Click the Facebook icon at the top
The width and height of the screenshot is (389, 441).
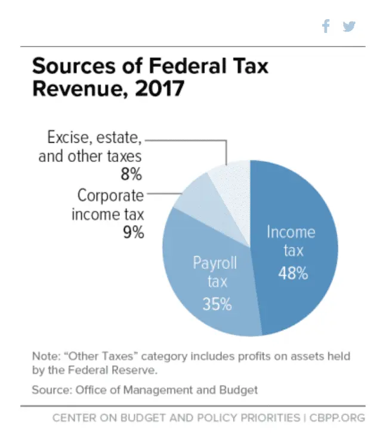326,26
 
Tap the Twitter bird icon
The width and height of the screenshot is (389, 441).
349,26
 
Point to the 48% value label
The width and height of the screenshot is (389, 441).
293,274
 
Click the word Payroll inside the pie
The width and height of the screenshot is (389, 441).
215,263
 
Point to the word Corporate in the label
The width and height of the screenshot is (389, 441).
111,195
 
